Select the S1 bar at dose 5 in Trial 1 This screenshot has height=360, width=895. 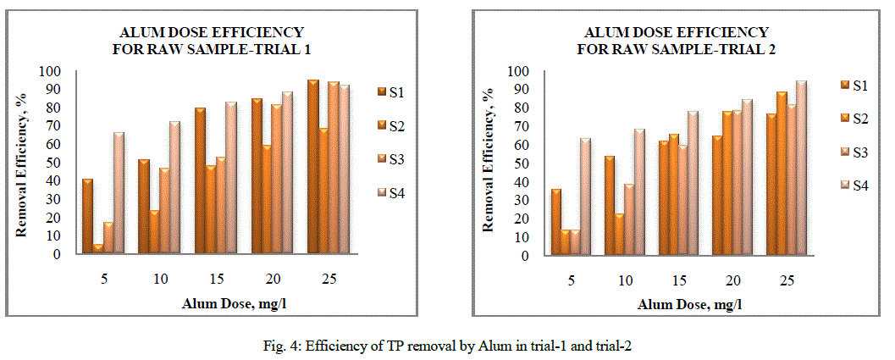pyautogui.click(x=88, y=216)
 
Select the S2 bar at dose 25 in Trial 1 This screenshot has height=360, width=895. pyautogui.click(x=323, y=191)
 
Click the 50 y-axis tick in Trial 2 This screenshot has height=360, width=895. pyautogui.click(x=512, y=163)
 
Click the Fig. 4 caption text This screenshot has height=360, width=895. pyautogui.click(x=447, y=345)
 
